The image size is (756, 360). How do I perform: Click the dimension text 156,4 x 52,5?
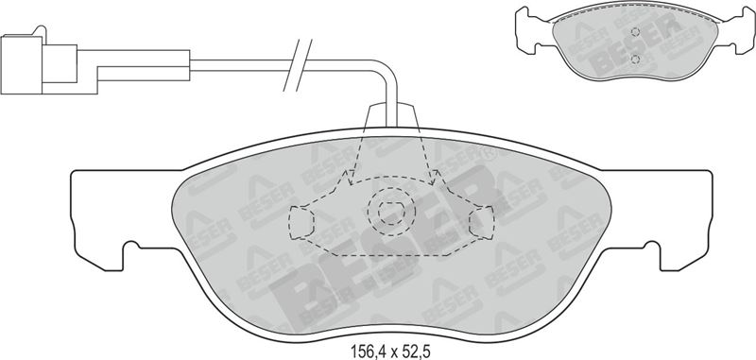[389, 351]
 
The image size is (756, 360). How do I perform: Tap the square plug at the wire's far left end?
[21, 64]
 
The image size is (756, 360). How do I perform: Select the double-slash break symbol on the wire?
[298, 65]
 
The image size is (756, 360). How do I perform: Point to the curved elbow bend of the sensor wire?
[387, 71]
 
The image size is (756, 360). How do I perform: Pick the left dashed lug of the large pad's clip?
[301, 222]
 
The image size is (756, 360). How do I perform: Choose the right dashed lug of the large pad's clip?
[482, 222]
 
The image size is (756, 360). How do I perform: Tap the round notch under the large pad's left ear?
[131, 247]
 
